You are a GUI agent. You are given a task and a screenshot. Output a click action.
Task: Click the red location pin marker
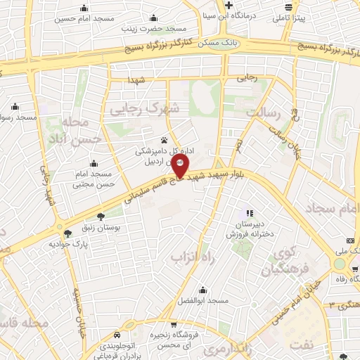click(x=179, y=166)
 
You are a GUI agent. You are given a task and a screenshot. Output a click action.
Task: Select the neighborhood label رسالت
click(x=265, y=112)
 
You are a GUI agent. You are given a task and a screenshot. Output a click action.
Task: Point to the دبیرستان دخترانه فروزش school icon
click(x=248, y=213)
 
